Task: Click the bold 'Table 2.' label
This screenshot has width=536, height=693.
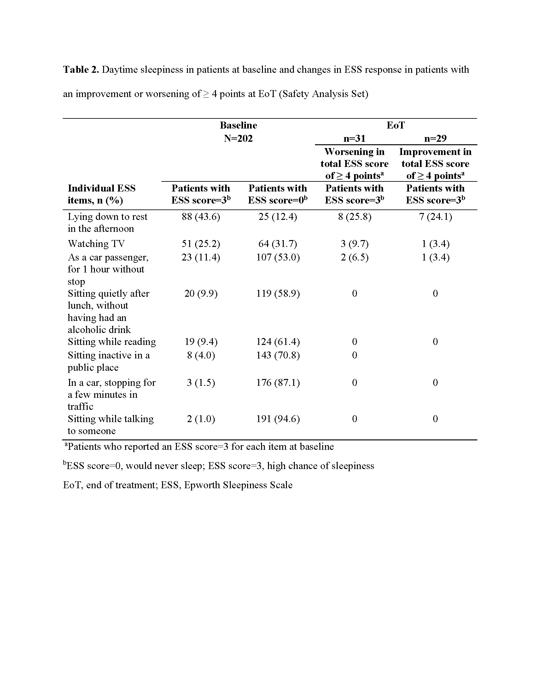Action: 81,70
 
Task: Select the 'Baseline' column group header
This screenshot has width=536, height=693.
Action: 238,125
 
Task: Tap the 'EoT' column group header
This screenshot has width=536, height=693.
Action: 395,125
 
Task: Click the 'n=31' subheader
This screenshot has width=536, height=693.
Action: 354,139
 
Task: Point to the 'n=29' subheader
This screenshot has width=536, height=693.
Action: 435,139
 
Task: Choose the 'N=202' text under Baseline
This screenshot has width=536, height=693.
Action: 238,139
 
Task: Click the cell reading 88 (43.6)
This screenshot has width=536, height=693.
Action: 201,217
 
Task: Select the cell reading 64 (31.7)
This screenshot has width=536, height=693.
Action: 277,244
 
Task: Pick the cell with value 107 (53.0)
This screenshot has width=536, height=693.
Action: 278,257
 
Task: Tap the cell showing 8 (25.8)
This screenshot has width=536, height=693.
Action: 354,217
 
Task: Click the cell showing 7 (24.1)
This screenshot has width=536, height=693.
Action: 435,217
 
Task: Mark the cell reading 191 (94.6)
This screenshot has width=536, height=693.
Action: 278,419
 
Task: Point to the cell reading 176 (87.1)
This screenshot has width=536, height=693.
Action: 278,382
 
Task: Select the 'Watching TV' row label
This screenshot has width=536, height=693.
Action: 96,244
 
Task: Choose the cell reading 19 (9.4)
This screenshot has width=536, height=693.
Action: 201,342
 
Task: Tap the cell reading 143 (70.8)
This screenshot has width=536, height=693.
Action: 278,355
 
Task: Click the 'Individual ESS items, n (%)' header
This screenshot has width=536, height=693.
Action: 102,194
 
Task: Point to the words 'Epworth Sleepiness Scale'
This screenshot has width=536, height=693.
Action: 238,485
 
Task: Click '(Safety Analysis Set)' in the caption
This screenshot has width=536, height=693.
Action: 323,94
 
